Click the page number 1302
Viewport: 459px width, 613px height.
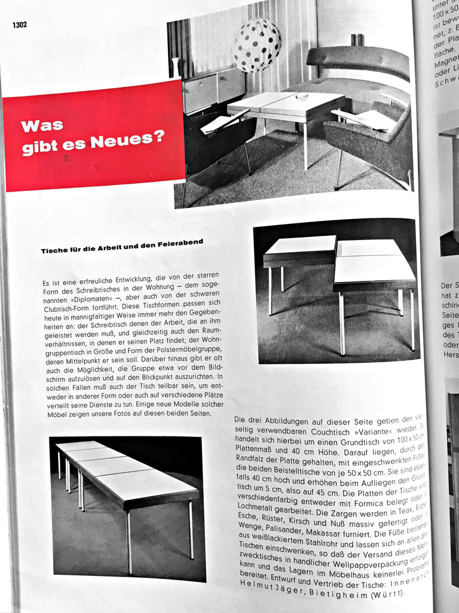[x=19, y=25]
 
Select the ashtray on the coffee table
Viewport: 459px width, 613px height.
[x=302, y=97]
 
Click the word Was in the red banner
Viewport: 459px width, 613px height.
[x=42, y=126]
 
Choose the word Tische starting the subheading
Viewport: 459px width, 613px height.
[x=55, y=251]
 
